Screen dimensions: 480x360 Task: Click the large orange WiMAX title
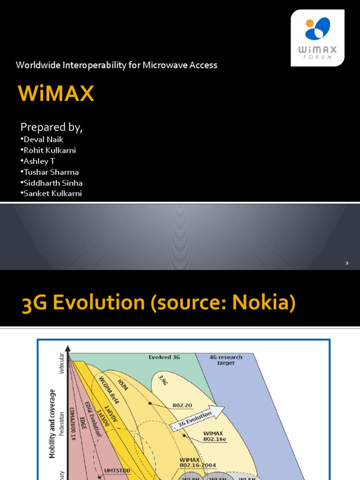pos(56,94)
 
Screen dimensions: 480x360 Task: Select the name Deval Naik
pos(42,139)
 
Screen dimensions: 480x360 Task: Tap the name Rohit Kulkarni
pos(48,150)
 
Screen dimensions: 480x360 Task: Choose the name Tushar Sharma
pos(50,172)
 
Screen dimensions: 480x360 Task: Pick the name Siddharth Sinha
pos(52,183)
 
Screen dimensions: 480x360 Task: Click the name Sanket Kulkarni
pos(52,194)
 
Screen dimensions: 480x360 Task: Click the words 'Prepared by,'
pos(52,127)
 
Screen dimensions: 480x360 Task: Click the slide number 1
pos(347,263)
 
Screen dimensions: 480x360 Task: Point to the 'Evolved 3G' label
pos(164,357)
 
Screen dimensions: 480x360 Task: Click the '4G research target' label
pos(226,360)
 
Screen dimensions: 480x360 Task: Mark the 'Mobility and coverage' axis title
pos(52,423)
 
